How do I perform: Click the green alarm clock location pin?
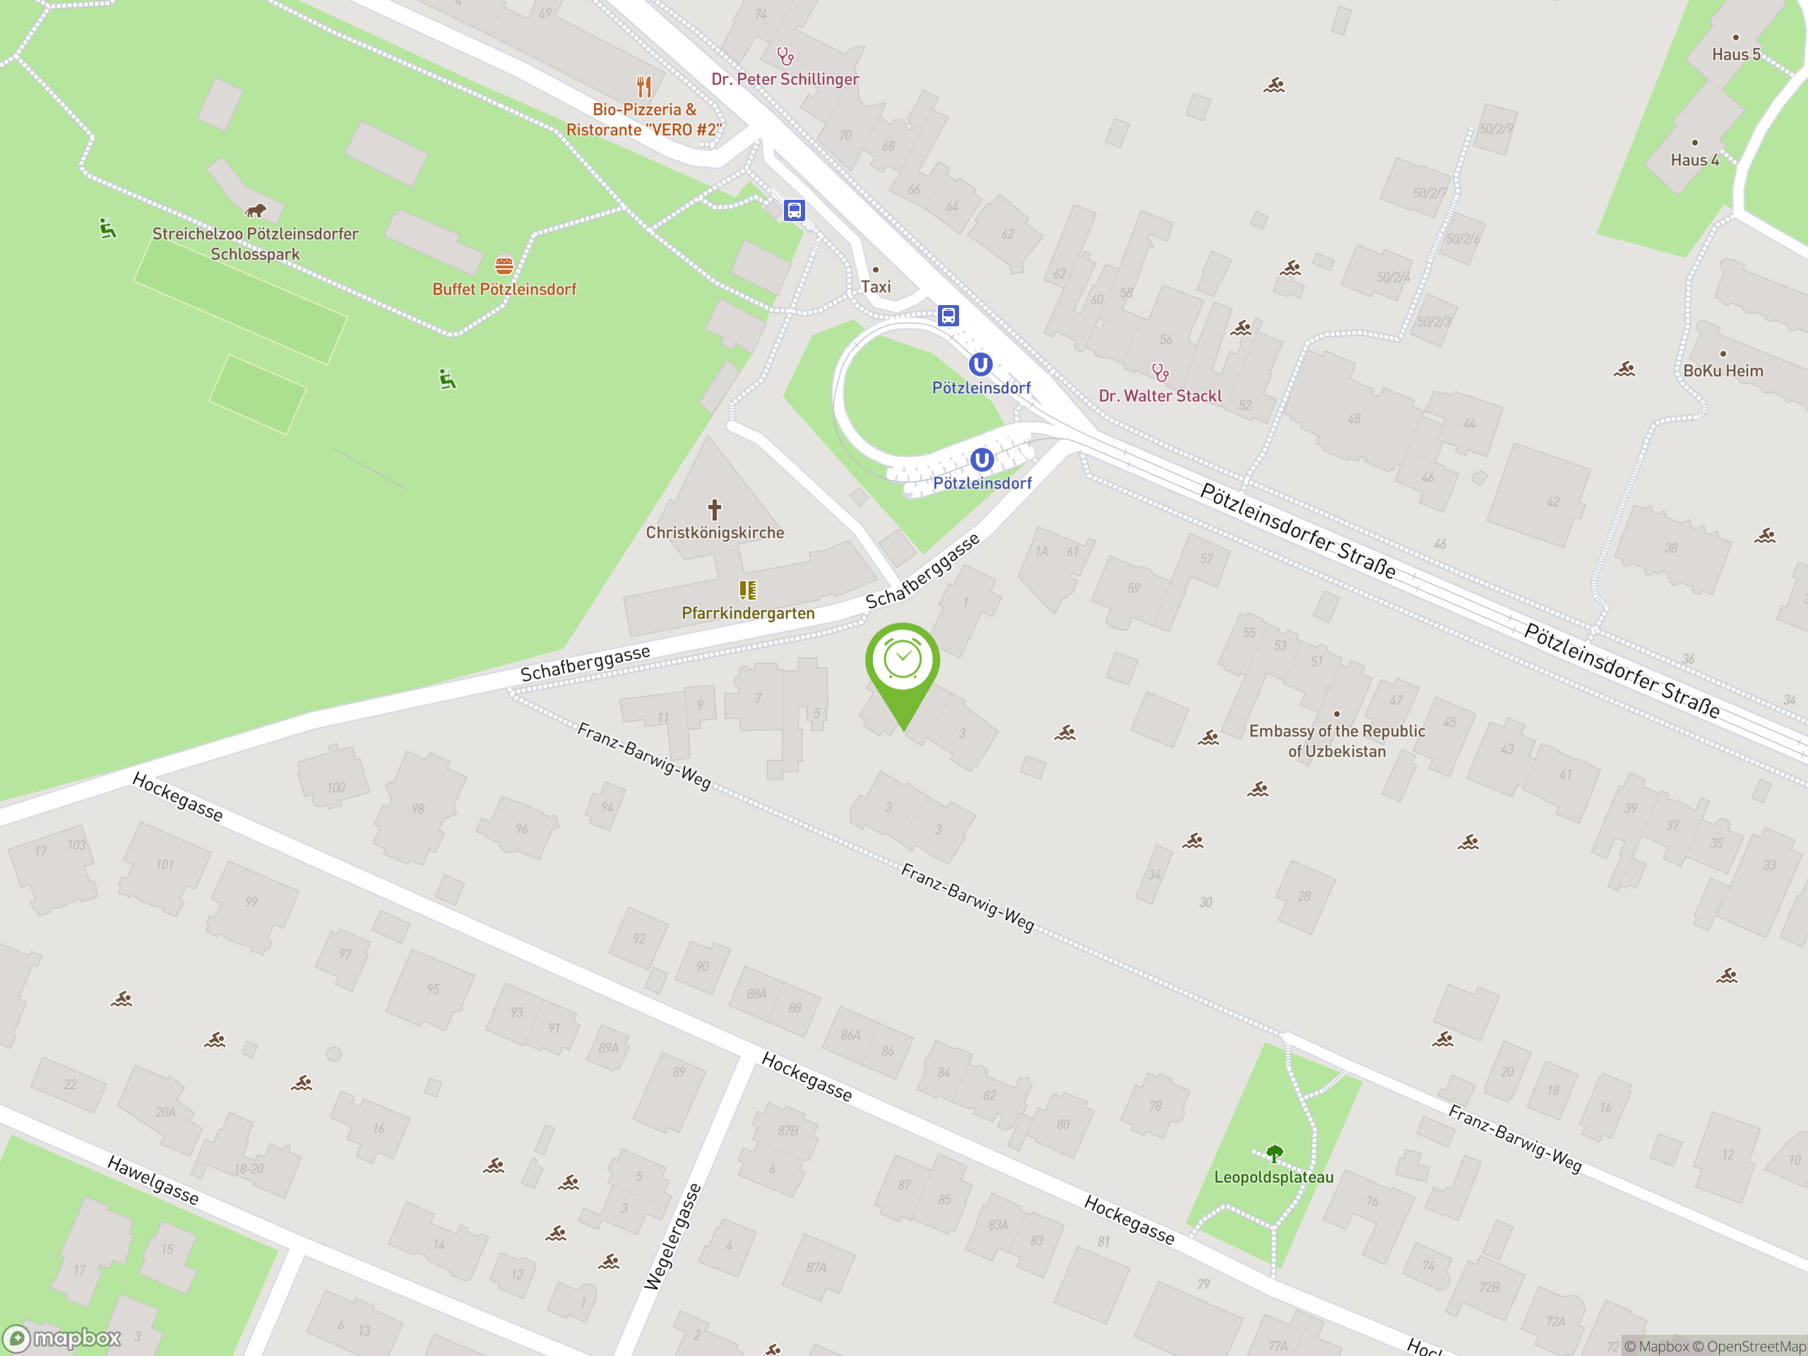click(x=903, y=662)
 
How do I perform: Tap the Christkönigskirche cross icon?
click(x=715, y=510)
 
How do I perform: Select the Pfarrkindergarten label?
click(x=748, y=613)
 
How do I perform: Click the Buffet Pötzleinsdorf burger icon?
click(x=504, y=266)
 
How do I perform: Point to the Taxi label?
click(x=875, y=287)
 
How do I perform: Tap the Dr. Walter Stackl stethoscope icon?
click(x=1160, y=373)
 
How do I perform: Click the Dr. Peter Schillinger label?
click(x=785, y=79)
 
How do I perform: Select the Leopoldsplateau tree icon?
click(x=1273, y=1153)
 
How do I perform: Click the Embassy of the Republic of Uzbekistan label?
click(x=1336, y=741)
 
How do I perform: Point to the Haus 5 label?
click(x=1735, y=55)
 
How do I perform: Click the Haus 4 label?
click(x=1694, y=160)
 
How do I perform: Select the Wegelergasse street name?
click(x=672, y=1236)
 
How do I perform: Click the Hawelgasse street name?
click(x=153, y=1180)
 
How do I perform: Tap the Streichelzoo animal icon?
click(x=255, y=211)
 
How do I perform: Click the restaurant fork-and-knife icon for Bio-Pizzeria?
click(x=644, y=86)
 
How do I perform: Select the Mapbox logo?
click(x=62, y=1338)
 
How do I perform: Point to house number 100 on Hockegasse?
click(x=336, y=788)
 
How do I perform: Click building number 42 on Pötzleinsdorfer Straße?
click(x=1552, y=502)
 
